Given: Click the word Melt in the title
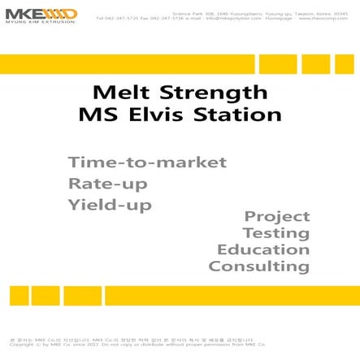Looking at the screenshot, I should (x=119, y=92).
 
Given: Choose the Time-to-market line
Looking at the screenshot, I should (x=147, y=162).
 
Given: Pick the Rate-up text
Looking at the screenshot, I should (x=108, y=184).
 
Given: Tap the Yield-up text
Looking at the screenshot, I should (x=111, y=206).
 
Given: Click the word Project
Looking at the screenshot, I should (x=277, y=216).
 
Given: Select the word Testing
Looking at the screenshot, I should (x=276, y=233).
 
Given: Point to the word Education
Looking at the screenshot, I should (x=263, y=249).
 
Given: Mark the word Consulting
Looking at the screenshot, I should (x=259, y=267).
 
